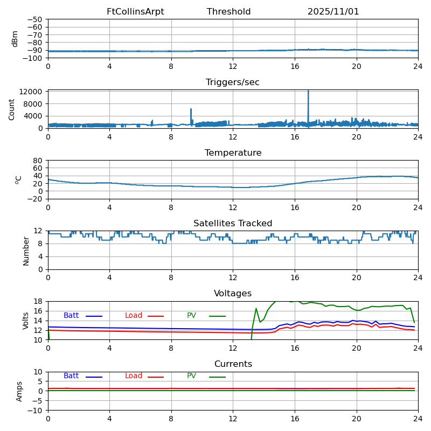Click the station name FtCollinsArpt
tap(135, 11)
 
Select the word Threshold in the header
tap(228, 11)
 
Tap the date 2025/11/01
tap(333, 11)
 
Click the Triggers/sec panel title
tap(233, 82)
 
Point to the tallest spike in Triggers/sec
tap(308, 91)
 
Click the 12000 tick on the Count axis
tap(31, 92)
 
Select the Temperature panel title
tap(233, 152)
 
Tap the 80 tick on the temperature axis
tap(38, 160)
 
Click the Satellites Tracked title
tap(233, 223)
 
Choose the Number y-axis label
tap(26, 251)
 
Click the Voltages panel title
tap(233, 293)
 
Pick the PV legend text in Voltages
tap(191, 315)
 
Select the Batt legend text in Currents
tap(71, 376)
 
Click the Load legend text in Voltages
tap(134, 315)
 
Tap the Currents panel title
tap(233, 364)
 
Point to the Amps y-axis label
tap(19, 392)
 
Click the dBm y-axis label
tap(15, 39)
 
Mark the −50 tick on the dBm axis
tap(35, 19)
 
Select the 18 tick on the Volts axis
tap(38, 301)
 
